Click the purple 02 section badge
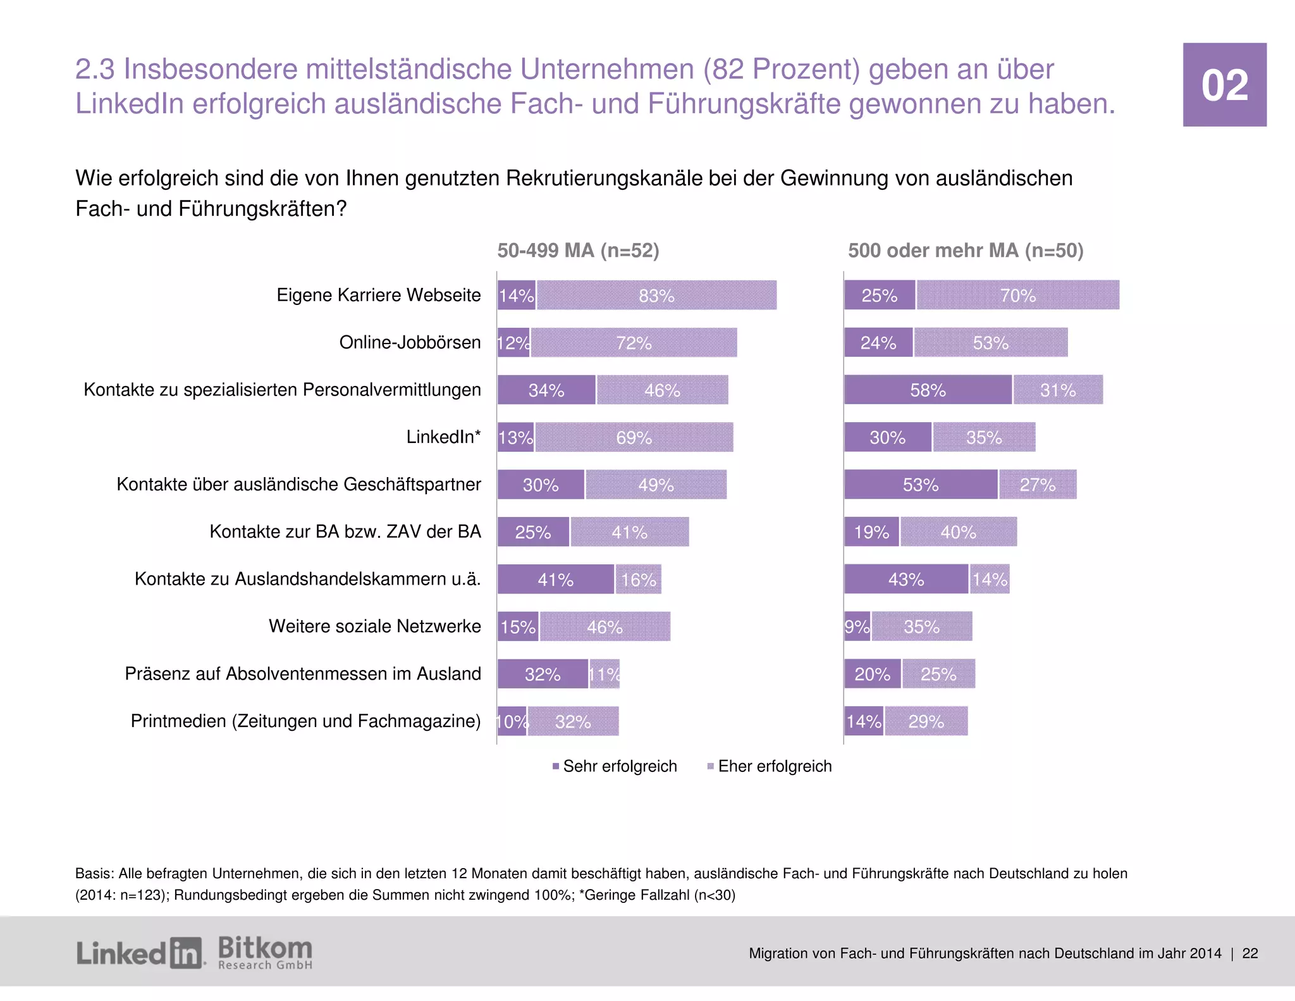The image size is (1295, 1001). pos(1224,85)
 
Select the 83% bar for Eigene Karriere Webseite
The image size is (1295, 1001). pos(656,295)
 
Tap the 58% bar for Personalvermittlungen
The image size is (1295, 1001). pos(928,390)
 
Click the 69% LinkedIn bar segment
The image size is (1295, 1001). pos(634,437)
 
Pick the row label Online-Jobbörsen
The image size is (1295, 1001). pos(410,342)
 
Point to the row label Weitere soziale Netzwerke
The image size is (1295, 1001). pos(374,626)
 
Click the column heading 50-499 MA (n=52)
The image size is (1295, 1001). pos(578,251)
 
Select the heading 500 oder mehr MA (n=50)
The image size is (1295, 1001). pos(966,251)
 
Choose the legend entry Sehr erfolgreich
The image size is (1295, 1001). pos(614,766)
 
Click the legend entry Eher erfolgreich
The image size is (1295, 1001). pos(769,766)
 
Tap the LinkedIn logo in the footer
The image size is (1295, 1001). pos(140,953)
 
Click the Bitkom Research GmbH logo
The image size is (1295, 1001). pos(265,953)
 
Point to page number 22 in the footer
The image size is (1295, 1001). pos(1250,954)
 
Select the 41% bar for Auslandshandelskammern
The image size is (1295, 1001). pos(555,580)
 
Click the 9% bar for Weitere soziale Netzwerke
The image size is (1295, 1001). pos(857,626)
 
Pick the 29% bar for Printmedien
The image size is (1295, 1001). pos(926,721)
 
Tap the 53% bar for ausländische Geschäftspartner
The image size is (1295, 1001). pos(920,485)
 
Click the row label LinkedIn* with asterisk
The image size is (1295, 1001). pos(443,437)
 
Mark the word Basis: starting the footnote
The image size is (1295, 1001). pos(94,874)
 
